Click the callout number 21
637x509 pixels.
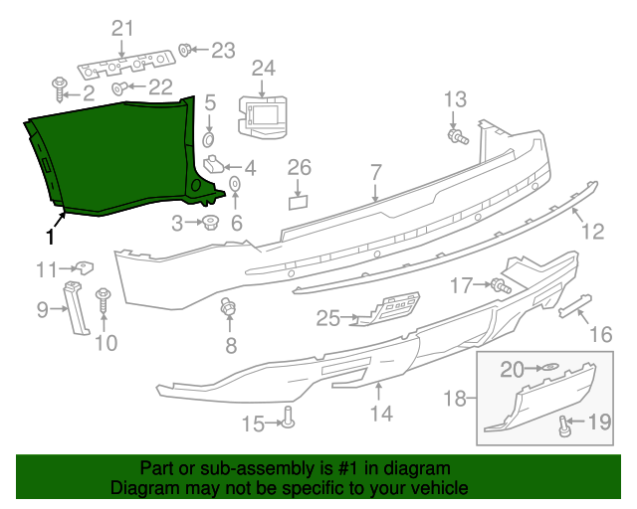(x=121, y=28)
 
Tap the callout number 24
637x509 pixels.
(x=263, y=68)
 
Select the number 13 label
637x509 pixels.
(x=454, y=98)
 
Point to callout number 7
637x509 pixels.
(x=375, y=172)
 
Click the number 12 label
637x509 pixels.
(x=592, y=232)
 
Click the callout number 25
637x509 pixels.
(x=327, y=318)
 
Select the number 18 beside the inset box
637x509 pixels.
(x=454, y=399)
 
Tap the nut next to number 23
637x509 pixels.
(x=185, y=49)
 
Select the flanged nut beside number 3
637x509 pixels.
(x=210, y=223)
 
